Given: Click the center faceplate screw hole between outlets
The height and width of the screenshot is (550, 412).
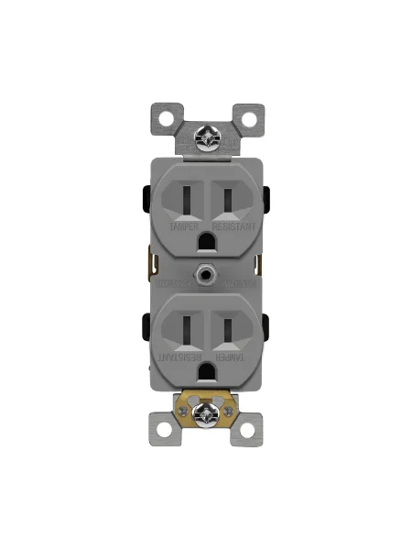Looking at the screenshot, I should click(x=205, y=273).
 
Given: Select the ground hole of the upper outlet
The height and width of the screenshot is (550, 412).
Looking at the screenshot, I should click(x=205, y=240).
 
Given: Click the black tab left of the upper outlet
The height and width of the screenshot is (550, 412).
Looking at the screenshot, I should click(x=145, y=197).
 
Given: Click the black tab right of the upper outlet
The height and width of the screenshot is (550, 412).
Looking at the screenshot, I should click(x=266, y=197).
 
